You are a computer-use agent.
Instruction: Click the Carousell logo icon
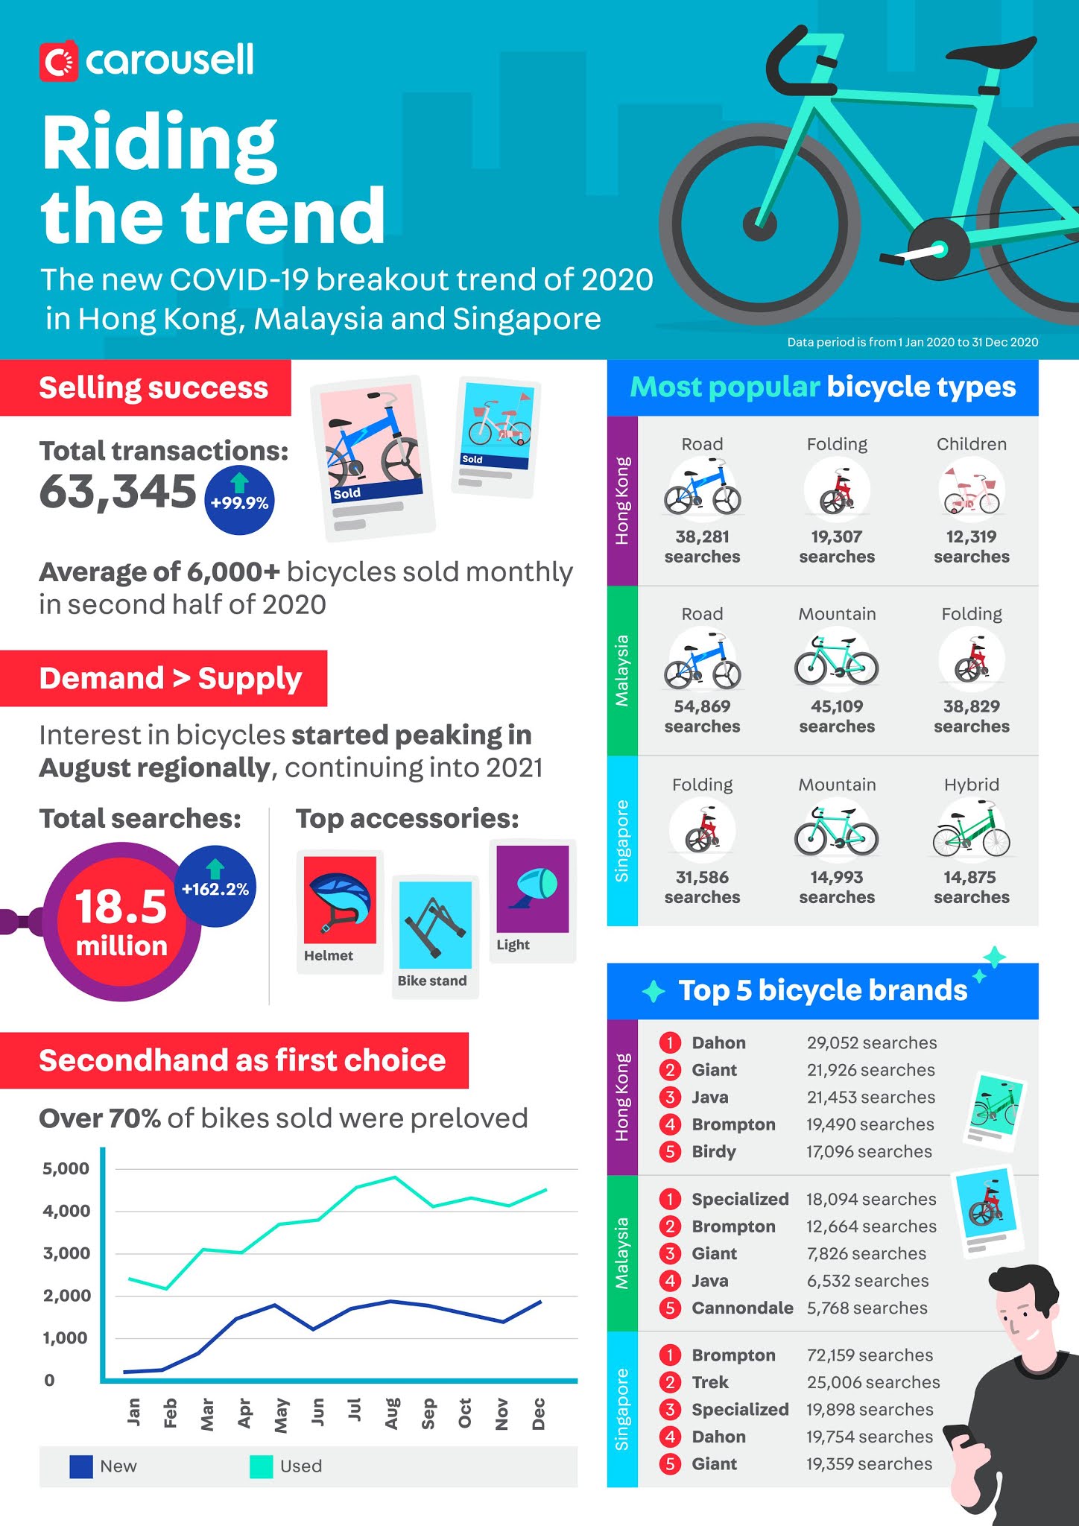click(58, 62)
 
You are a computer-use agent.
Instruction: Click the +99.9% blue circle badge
click(239, 501)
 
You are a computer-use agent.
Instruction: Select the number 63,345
click(118, 492)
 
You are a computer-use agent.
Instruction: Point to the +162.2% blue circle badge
click(215, 886)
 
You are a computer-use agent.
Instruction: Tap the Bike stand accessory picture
click(435, 925)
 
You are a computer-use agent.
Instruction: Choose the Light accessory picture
click(533, 888)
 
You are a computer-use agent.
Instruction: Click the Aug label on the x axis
click(391, 1413)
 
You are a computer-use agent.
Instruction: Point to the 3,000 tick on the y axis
click(66, 1253)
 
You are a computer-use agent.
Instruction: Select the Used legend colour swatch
click(262, 1466)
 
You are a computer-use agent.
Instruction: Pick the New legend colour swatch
click(81, 1466)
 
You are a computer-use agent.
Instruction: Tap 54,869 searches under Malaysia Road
click(702, 716)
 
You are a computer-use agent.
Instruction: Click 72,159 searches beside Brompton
click(870, 1355)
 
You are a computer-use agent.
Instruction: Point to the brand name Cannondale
click(742, 1308)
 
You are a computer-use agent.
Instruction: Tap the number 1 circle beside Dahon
click(670, 1042)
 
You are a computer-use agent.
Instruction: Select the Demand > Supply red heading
click(170, 678)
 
